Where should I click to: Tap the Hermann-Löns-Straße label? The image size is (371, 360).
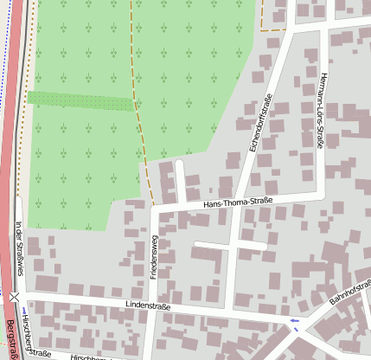click(320, 111)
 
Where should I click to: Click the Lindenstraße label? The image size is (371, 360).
click(148, 306)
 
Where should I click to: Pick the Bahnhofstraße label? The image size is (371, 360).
click(349, 292)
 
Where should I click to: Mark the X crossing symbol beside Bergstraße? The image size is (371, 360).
click(15, 297)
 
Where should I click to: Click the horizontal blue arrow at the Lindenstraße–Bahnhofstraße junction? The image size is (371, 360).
click(295, 321)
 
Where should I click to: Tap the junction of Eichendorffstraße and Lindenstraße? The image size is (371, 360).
click(228, 312)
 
